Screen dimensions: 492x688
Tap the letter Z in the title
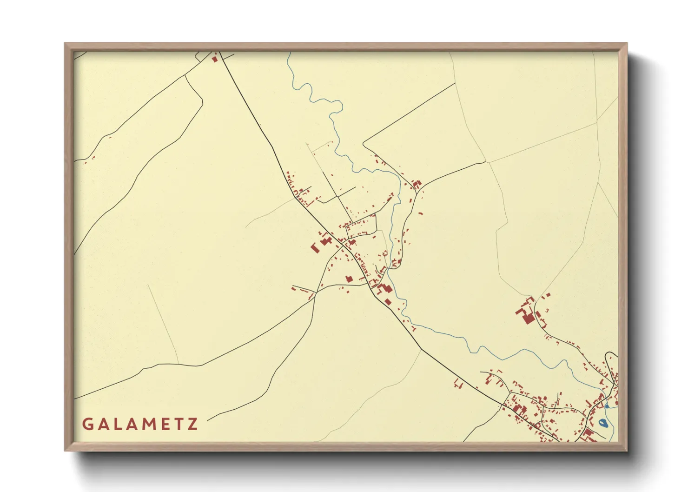point(192,424)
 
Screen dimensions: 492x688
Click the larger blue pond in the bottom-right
point(603,423)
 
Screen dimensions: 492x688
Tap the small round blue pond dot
point(607,406)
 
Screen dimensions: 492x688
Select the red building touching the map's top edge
point(214,59)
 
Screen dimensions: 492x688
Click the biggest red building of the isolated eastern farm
point(528,319)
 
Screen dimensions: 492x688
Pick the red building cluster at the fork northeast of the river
point(416,184)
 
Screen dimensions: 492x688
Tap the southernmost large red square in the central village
point(388,302)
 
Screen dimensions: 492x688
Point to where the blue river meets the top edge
point(288,53)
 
